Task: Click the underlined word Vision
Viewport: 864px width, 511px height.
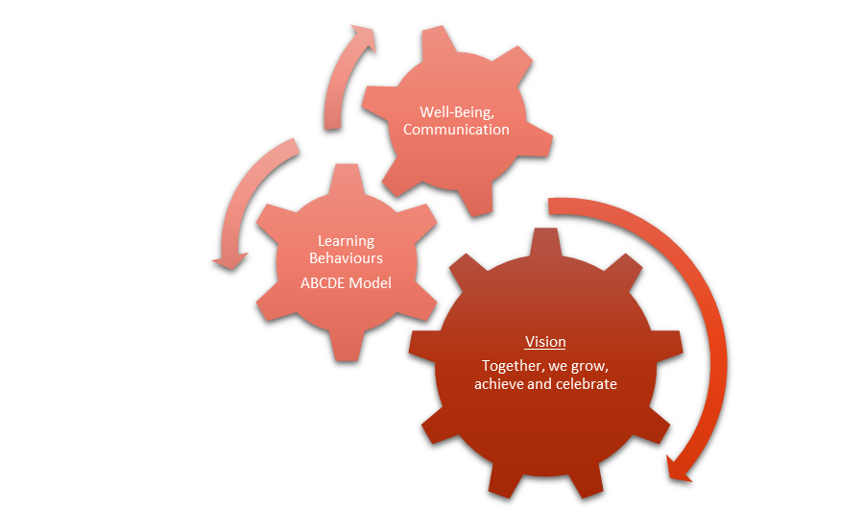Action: [545, 342]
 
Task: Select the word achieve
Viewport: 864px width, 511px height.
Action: [497, 384]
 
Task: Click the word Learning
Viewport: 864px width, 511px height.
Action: [346, 241]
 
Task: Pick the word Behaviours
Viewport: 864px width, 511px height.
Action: [346, 258]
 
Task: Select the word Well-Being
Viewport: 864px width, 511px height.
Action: [456, 111]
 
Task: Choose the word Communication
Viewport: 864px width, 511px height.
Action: [456, 129]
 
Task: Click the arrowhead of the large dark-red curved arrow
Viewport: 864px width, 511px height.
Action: [681, 469]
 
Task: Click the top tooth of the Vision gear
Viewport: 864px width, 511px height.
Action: [545, 242]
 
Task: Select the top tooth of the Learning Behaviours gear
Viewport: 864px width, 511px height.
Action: [346, 177]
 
